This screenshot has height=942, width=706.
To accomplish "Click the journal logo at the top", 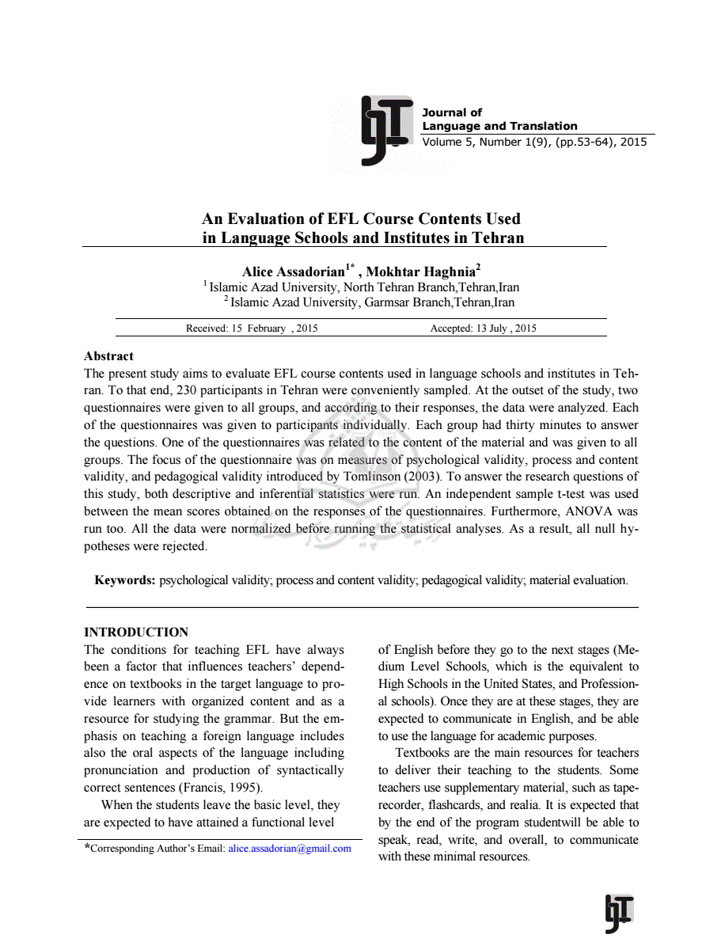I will pos(387,130).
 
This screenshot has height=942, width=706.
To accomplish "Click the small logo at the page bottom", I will pos(619,914).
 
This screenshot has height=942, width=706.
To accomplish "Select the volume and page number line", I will pos(534,142).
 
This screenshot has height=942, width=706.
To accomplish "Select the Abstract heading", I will pos(108,356).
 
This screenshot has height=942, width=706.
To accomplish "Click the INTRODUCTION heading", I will pos(136,632).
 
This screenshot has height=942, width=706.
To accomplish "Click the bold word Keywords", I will pos(125,580).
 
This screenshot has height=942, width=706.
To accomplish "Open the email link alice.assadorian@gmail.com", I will pos(289,849).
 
